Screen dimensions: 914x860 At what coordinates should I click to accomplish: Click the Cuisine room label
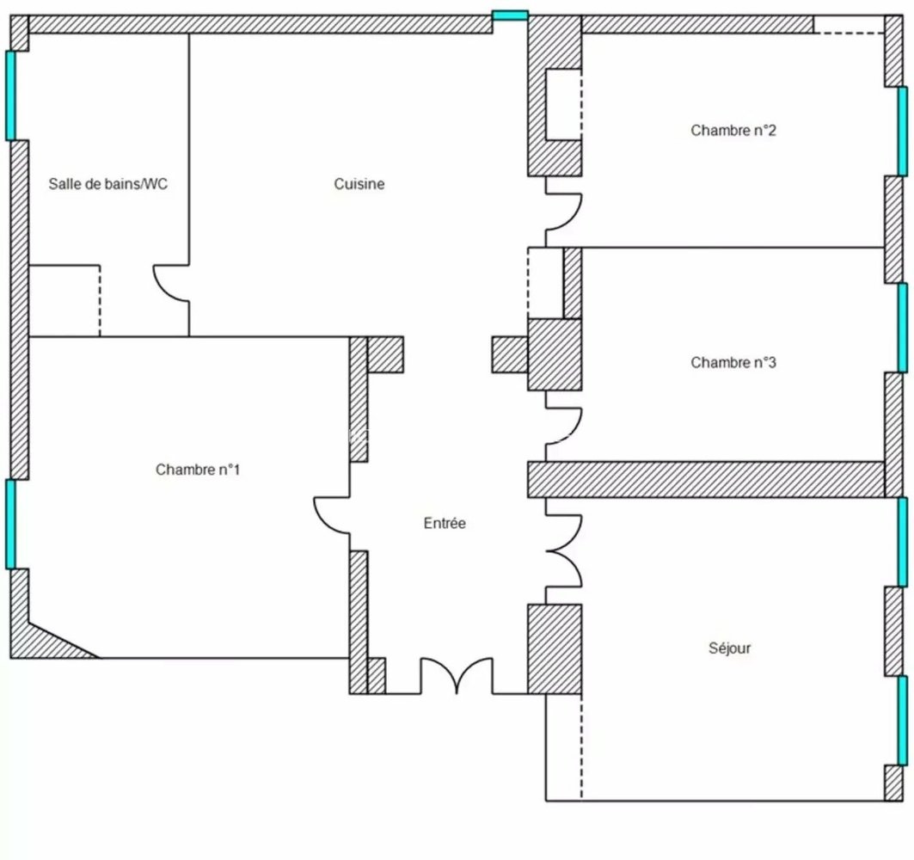coord(359,184)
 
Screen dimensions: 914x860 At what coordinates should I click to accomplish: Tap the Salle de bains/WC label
coord(107,184)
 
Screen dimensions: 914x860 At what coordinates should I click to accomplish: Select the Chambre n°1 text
coord(198,470)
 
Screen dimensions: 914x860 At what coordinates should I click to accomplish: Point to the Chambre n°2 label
coord(733,130)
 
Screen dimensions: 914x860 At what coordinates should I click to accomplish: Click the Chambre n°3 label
coord(733,362)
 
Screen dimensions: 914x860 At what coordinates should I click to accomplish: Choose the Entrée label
coord(445,523)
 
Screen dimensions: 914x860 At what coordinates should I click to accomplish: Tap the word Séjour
coord(730,648)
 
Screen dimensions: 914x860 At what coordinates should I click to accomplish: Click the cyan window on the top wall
coord(510,15)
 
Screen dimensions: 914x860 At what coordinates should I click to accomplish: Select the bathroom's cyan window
coord(10,95)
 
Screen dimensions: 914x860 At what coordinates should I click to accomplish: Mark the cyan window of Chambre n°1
coord(10,524)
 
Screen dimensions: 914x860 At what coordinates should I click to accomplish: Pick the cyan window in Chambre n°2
coord(902,132)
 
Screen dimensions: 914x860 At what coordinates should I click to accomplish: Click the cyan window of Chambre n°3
coord(902,328)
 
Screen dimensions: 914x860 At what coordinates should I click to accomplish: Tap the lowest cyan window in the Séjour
coord(902,720)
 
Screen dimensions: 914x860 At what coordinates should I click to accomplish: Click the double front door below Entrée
coord(457,676)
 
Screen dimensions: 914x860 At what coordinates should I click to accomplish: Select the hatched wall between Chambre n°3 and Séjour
coord(707,479)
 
